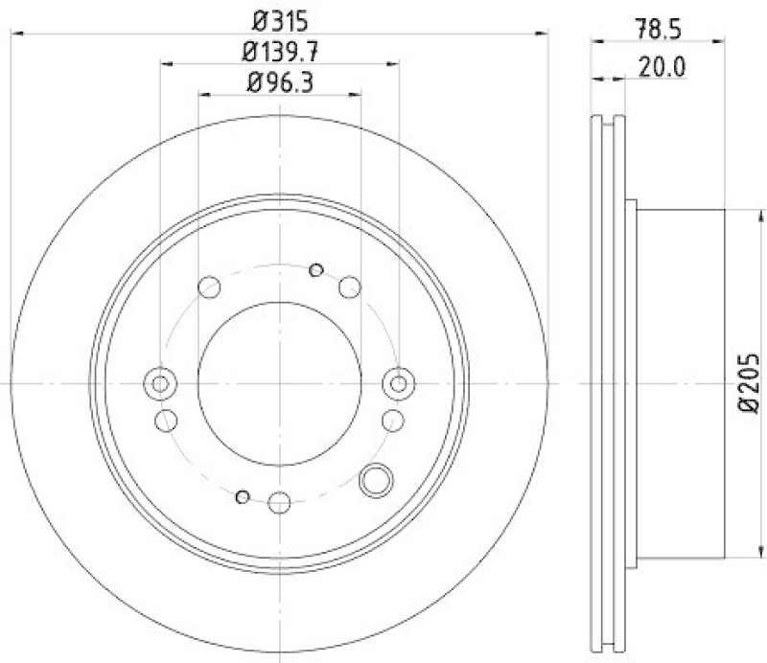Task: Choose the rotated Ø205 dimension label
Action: pos(749,382)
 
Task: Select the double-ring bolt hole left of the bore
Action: pos(160,383)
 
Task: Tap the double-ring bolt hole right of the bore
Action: pos(397,383)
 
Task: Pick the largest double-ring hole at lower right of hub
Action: pos(376,479)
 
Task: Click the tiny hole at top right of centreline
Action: pos(316,270)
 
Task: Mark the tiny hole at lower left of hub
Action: pos(243,495)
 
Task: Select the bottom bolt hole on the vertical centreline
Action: pos(279,501)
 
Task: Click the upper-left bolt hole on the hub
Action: pos(209,286)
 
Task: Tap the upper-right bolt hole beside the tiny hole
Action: pos(350,286)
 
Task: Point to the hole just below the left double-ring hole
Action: pos(166,419)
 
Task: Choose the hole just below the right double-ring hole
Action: pos(392,419)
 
